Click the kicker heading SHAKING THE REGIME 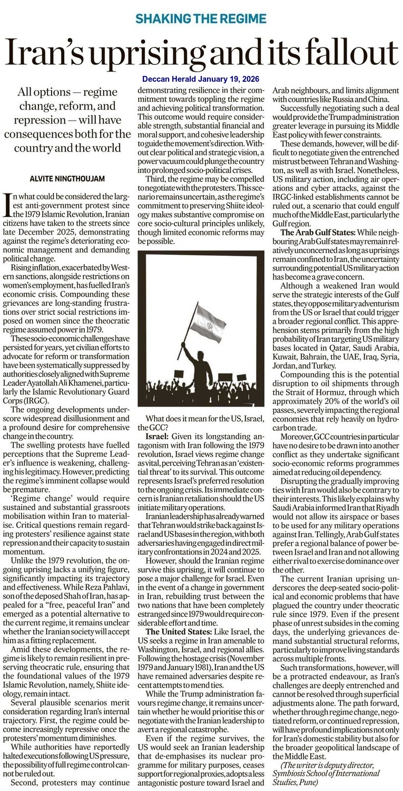(x=201, y=19)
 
